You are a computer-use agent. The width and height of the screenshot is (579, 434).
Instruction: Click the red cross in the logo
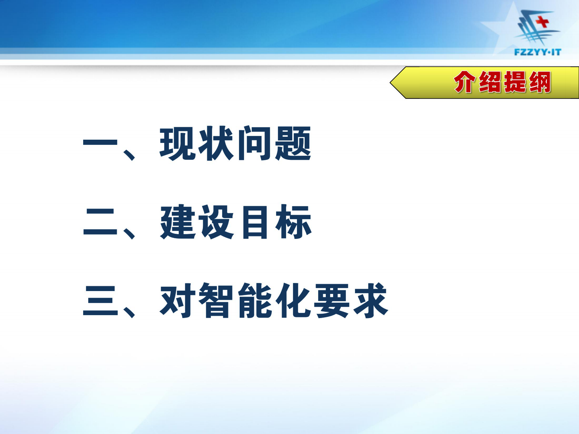(x=543, y=22)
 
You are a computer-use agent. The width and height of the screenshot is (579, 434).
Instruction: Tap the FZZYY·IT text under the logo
(x=537, y=52)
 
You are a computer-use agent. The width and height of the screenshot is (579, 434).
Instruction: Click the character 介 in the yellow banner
(x=465, y=82)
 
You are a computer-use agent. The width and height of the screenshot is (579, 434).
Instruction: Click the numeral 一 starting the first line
(x=101, y=143)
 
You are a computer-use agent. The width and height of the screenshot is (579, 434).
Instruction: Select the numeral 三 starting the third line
(x=101, y=301)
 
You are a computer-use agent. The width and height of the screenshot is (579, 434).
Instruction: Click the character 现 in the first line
(x=178, y=143)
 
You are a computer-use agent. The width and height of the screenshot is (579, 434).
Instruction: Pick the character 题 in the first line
(x=293, y=143)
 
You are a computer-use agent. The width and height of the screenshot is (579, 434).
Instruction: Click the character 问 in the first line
(x=255, y=143)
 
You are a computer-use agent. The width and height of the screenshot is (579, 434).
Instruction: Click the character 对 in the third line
(x=178, y=301)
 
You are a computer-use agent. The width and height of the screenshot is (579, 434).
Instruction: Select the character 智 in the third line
(x=216, y=301)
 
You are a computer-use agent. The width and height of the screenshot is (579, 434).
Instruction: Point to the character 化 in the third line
(x=293, y=301)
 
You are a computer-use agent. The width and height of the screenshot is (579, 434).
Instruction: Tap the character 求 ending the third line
(x=370, y=301)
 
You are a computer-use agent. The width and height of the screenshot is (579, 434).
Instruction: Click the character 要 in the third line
(x=332, y=301)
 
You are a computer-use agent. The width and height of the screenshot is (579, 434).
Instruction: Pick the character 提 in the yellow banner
(x=515, y=82)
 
